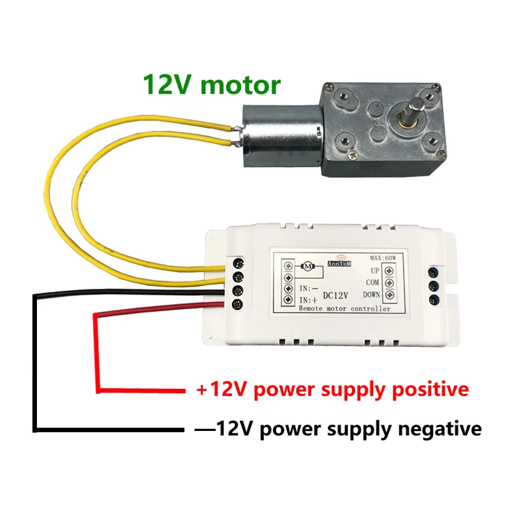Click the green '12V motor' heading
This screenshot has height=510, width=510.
click(x=211, y=84)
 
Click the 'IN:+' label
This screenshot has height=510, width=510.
click(x=308, y=298)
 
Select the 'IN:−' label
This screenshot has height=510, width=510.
click(x=308, y=288)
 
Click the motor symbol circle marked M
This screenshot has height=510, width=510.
click(x=308, y=265)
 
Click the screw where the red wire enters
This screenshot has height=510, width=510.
click(x=238, y=302)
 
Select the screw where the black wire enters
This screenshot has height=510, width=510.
click(x=238, y=289)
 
